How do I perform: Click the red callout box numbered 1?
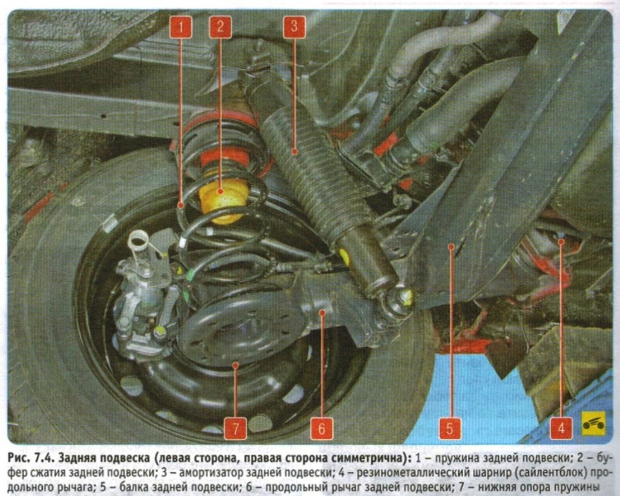[x=181, y=27]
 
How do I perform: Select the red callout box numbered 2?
[x=221, y=27]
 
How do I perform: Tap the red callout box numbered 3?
[x=294, y=27]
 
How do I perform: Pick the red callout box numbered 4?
[x=561, y=428]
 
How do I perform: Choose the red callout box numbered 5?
[x=450, y=428]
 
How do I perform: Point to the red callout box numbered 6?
[x=322, y=428]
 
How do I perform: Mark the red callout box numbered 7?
[x=236, y=428]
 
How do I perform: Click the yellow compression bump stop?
[x=223, y=199]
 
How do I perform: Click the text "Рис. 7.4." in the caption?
[x=32, y=458]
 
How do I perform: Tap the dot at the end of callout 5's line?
[x=452, y=246]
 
